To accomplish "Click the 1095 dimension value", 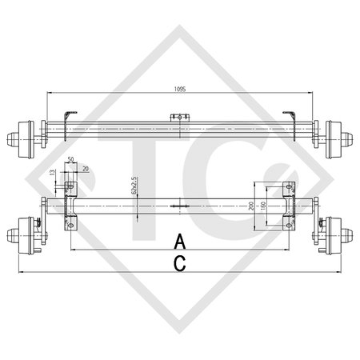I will (179, 90).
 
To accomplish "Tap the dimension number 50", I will (71, 160).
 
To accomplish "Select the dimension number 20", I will (86, 167).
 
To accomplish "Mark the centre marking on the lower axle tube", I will (179, 206).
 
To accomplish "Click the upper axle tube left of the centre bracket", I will (120, 126).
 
